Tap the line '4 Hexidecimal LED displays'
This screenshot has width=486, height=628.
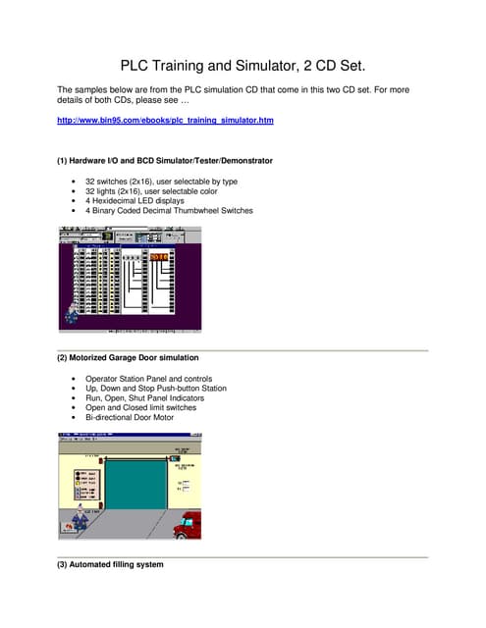tap(143, 201)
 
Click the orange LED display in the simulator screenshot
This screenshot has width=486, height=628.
tap(159, 256)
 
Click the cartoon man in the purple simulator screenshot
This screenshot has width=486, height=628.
tap(72, 314)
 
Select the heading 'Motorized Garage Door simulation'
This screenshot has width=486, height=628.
tap(136, 357)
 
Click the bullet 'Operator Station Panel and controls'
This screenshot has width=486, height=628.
tap(162, 379)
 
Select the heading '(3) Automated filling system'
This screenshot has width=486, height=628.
tap(111, 565)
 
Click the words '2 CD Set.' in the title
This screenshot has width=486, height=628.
tap(339, 66)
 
